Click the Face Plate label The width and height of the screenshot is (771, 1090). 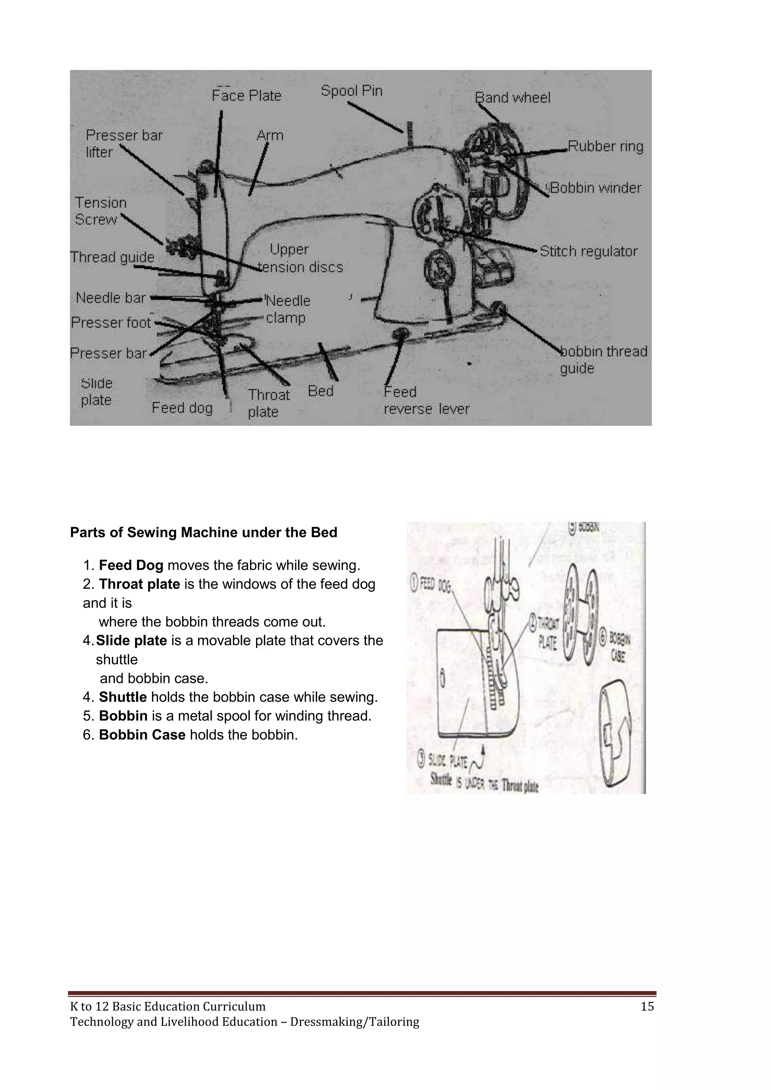pos(247,96)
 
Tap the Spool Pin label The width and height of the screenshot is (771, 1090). pos(351,91)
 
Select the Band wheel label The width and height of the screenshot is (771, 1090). pos(513,98)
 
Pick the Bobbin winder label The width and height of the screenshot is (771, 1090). pos(595,188)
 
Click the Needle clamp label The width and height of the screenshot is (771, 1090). pos(288,309)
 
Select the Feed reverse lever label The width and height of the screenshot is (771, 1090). pos(426,400)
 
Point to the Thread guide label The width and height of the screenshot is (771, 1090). pos(113,257)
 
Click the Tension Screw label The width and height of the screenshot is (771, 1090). pos(101,211)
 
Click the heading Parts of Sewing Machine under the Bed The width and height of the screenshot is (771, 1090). pos(203,533)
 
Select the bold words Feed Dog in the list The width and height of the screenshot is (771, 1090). pos(131,566)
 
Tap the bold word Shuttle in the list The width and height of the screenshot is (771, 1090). pos(122,697)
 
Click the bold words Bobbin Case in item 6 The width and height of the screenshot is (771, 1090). pos(142,735)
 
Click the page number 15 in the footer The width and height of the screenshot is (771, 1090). pos(647,1006)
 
